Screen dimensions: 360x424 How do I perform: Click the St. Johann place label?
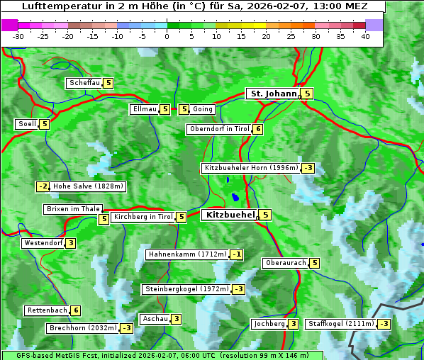(x=272, y=94)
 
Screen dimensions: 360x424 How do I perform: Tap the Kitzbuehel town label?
(x=229, y=214)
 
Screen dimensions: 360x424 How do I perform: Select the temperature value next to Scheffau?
(x=108, y=83)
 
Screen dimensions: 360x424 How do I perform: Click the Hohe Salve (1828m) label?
(x=88, y=186)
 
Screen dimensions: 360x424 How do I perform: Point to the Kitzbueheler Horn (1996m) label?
(x=250, y=168)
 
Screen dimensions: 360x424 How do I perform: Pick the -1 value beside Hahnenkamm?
(x=237, y=254)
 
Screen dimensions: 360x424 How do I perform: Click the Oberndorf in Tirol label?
(x=219, y=129)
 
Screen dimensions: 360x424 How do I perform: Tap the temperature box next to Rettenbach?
(x=76, y=310)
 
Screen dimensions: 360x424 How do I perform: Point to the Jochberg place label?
(x=269, y=324)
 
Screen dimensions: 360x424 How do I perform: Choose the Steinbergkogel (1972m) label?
(x=186, y=289)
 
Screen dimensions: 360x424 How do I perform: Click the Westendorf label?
(x=43, y=243)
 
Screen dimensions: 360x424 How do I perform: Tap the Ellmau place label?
(x=144, y=109)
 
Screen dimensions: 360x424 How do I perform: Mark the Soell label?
(x=27, y=124)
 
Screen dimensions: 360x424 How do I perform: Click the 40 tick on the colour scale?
(x=365, y=35)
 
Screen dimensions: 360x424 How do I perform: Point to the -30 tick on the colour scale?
(x=18, y=35)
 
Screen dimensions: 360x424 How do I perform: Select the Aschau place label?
(x=155, y=319)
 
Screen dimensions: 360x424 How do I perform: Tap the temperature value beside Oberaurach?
(x=315, y=263)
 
